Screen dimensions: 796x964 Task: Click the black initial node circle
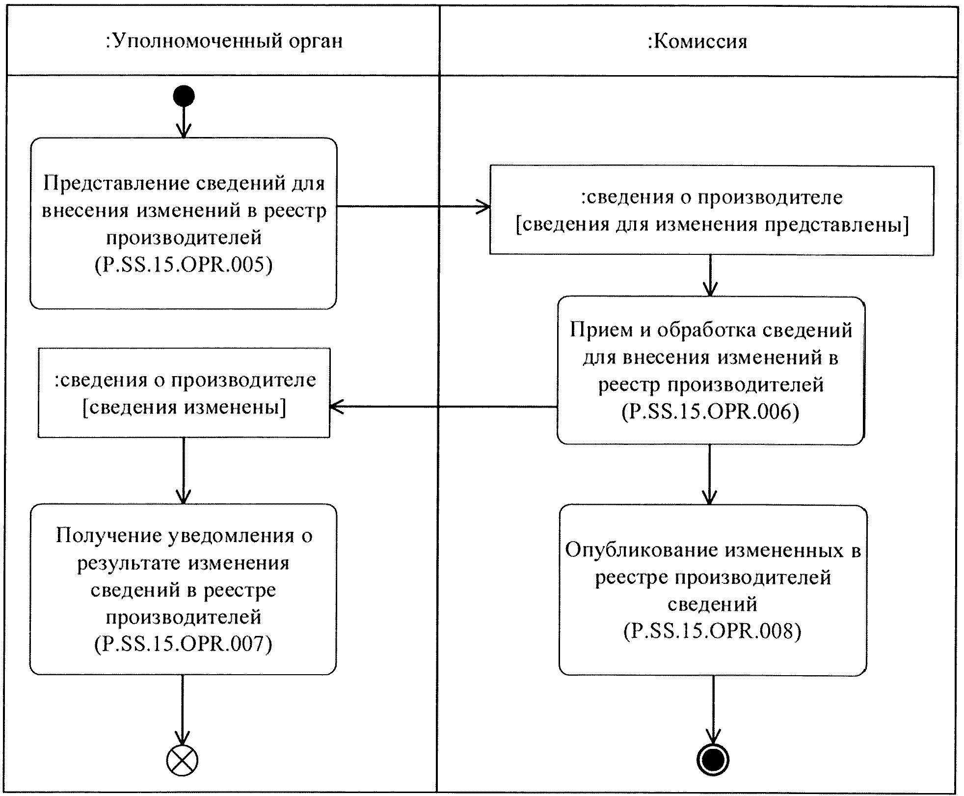pos(184,96)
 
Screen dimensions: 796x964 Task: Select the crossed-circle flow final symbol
pos(182,760)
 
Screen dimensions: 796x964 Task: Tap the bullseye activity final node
pos(713,760)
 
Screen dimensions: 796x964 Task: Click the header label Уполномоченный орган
pos(224,41)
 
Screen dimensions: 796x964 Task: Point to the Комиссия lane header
pos(697,41)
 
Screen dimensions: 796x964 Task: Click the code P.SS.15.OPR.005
pos(183,265)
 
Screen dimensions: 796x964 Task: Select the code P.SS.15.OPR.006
pos(710,412)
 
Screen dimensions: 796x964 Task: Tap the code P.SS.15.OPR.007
pos(183,644)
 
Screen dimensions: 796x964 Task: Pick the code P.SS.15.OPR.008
pos(712,631)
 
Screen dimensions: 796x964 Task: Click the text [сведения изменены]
pos(184,407)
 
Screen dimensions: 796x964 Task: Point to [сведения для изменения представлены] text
pos(712,224)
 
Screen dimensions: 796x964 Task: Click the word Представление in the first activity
pos(116,183)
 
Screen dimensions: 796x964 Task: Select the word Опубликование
pos(642,550)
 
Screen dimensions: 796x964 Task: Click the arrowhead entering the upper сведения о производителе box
pos(484,207)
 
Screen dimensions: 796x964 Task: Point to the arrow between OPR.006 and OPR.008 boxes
pos(709,474)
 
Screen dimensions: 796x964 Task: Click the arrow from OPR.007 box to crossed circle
pos(182,710)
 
